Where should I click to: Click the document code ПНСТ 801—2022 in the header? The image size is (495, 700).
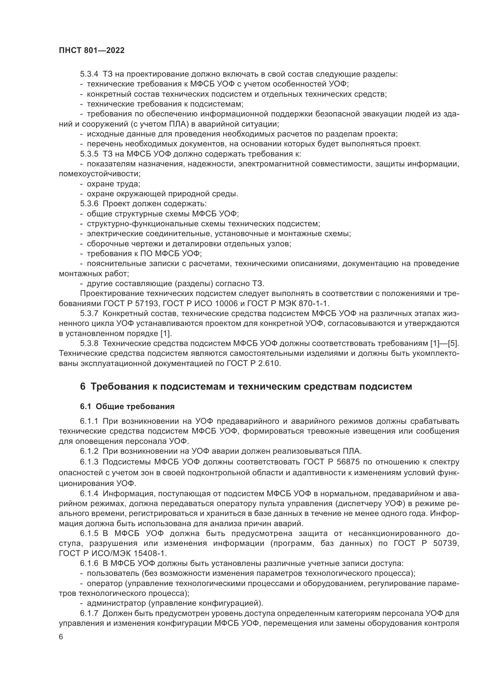[92, 51]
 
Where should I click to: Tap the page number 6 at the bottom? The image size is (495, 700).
[61, 637]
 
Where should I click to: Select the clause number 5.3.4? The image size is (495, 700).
[89, 74]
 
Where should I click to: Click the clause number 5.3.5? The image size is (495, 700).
[89, 154]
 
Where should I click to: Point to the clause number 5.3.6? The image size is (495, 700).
[89, 204]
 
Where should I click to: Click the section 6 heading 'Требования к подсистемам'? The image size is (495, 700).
[246, 387]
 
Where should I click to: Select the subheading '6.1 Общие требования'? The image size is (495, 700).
[127, 406]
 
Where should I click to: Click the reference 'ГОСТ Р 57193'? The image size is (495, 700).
[132, 304]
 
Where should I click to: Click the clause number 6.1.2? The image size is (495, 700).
[89, 451]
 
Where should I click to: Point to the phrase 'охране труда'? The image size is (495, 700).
[113, 184]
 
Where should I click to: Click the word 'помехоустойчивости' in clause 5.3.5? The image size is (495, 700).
[99, 174]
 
